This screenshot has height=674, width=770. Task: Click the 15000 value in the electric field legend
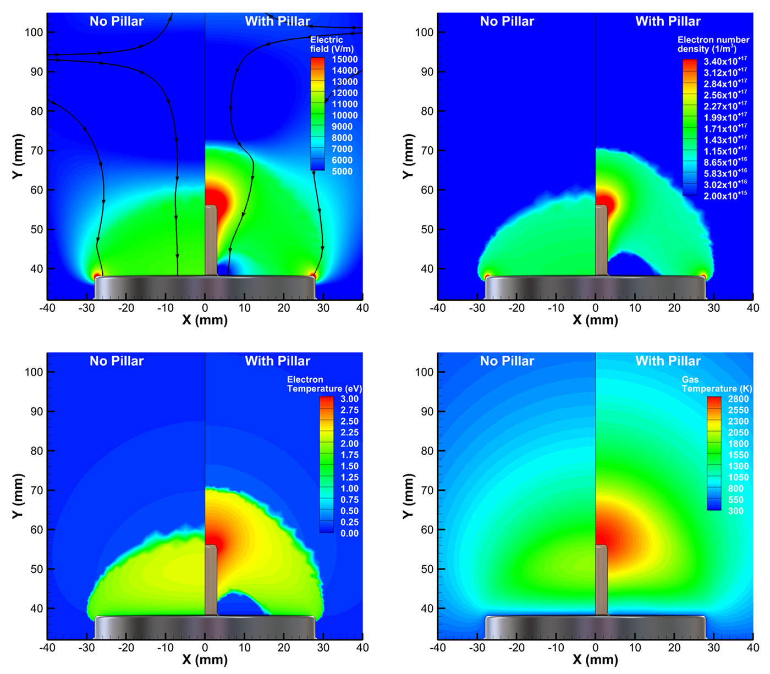(344, 59)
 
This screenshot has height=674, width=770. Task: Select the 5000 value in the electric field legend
(342, 172)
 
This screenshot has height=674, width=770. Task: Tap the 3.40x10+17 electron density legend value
(725, 62)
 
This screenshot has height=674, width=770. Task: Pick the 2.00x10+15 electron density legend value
(725, 196)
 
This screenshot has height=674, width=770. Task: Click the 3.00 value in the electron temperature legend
(349, 399)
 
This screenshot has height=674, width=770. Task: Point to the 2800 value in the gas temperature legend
(738, 399)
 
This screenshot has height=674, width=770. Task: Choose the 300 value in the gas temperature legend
(736, 511)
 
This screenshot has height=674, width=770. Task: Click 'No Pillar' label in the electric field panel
(117, 21)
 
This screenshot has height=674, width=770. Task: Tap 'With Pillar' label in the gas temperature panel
(668, 361)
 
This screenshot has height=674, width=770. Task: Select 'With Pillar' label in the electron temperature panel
(277, 361)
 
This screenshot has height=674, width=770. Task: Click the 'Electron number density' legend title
(713, 45)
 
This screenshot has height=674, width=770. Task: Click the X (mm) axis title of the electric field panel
(205, 320)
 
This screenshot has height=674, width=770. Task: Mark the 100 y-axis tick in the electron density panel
(425, 32)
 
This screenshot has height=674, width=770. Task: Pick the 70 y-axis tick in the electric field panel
(36, 151)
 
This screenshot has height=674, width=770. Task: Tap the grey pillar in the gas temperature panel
(601, 580)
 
